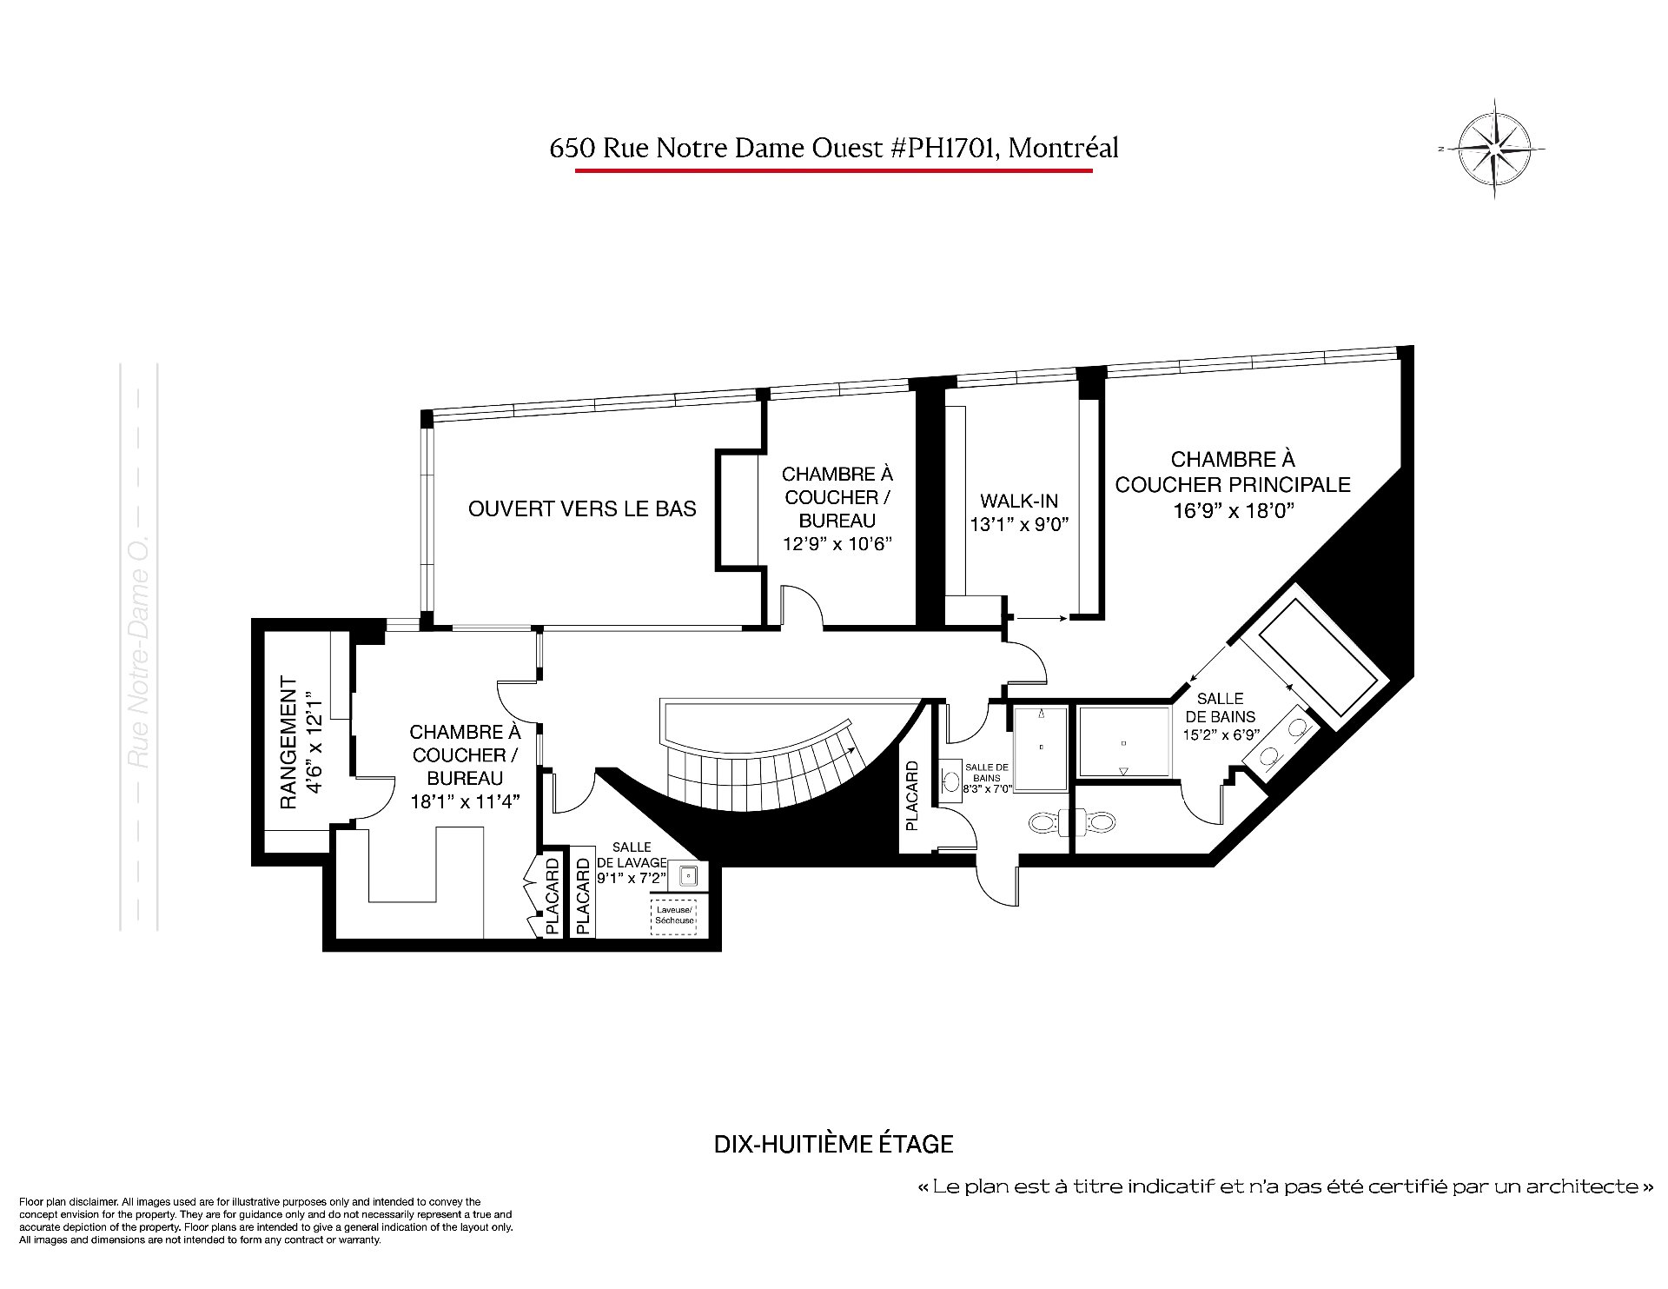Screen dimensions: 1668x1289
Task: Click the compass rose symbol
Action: tap(1493, 149)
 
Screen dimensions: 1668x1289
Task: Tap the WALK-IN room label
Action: tap(1019, 502)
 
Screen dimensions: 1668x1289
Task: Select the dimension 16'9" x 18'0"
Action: tap(1233, 510)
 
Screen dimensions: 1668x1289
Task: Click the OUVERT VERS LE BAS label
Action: tap(582, 508)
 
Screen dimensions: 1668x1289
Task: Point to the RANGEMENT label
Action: tap(288, 744)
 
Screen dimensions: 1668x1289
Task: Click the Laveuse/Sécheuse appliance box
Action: tap(674, 915)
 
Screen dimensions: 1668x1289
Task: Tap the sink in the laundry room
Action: tap(688, 875)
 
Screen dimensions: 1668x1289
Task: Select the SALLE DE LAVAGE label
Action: tap(631, 854)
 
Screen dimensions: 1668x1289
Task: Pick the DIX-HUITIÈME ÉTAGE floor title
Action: tap(833, 1144)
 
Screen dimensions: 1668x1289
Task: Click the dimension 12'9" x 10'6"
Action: tap(837, 544)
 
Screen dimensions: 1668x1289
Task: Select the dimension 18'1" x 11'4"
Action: tap(465, 801)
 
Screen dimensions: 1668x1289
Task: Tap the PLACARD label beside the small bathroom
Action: tap(911, 796)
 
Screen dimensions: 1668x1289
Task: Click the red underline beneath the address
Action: tap(833, 170)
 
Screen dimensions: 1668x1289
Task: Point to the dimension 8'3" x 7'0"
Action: tap(988, 789)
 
